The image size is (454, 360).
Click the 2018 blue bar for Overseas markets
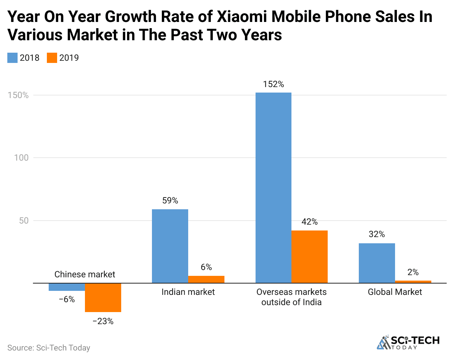point(273,188)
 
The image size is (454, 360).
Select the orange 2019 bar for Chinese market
point(103,297)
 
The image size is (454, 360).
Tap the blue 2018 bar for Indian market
point(170,246)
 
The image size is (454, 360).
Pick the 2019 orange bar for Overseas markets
point(309,256)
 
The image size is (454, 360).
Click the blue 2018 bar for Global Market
point(377,263)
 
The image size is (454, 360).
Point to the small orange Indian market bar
point(206,279)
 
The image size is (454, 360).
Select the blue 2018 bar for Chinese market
point(67,287)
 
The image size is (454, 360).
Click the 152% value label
point(273,84)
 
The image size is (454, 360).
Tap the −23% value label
point(103,321)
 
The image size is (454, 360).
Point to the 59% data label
point(170,200)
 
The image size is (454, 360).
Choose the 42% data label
point(309,222)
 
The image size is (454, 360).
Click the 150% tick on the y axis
point(18,95)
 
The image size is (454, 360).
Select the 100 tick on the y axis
point(21,158)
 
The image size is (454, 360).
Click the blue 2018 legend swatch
point(12,58)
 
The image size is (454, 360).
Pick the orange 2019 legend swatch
point(52,58)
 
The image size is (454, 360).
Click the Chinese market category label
point(85,274)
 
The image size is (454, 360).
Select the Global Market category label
point(395,292)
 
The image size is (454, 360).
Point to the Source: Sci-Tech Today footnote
point(49,348)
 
